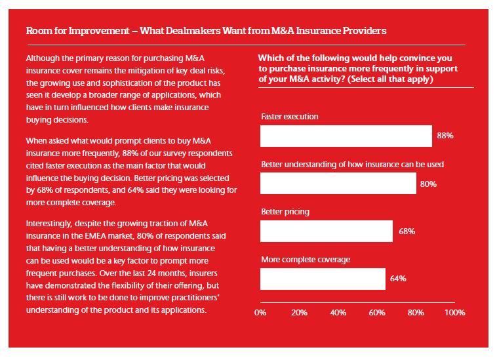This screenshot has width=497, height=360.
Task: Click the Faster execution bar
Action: [346, 136]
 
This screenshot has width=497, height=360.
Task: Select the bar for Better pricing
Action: [326, 231]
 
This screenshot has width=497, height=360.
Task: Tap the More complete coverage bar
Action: [322, 279]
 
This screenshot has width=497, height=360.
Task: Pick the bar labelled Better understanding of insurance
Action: [338, 184]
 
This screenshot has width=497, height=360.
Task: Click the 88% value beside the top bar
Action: [445, 136]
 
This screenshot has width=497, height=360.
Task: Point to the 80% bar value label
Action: [428, 184]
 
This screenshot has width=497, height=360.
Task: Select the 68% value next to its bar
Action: [406, 231]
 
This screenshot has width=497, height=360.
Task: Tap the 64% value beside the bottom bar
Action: [398, 279]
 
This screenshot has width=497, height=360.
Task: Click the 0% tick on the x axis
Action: [260, 312]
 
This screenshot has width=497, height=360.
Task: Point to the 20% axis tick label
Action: [299, 312]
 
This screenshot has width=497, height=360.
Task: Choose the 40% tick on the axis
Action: [338, 312]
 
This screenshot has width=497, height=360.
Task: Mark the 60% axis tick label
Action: [376, 312]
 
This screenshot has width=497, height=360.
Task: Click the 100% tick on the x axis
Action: [454, 312]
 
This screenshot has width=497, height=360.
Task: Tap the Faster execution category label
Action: [289, 117]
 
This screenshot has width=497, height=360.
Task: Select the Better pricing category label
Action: [285, 212]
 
